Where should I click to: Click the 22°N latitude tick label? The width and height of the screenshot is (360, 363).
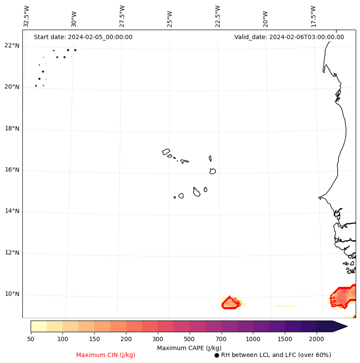[x=12, y=46]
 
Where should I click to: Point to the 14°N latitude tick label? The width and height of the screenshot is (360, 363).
[x=12, y=211]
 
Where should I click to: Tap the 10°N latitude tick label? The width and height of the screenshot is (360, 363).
[x=12, y=294]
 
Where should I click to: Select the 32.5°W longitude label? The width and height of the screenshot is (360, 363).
[x=27, y=16]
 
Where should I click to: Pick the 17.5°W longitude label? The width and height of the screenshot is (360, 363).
[x=313, y=16]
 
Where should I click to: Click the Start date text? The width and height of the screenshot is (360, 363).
[x=83, y=37]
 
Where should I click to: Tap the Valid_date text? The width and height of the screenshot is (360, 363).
[x=289, y=37]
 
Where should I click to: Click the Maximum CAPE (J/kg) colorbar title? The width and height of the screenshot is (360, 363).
[x=189, y=348]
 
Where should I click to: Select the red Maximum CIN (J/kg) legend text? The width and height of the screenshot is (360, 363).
[x=106, y=355]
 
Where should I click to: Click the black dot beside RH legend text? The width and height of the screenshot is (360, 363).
[x=217, y=355]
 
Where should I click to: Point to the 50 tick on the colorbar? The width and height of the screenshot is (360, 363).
[x=31, y=339]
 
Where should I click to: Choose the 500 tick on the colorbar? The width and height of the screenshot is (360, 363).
[x=189, y=339]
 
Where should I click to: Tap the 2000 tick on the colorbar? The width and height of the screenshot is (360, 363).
[x=316, y=339]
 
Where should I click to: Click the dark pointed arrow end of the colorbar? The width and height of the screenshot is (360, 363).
[x=340, y=326]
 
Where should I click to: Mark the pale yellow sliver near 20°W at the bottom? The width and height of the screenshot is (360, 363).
[x=286, y=306]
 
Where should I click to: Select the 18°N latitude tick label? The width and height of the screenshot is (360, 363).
[x=12, y=129]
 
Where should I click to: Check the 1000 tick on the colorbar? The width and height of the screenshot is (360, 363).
[x=253, y=339]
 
